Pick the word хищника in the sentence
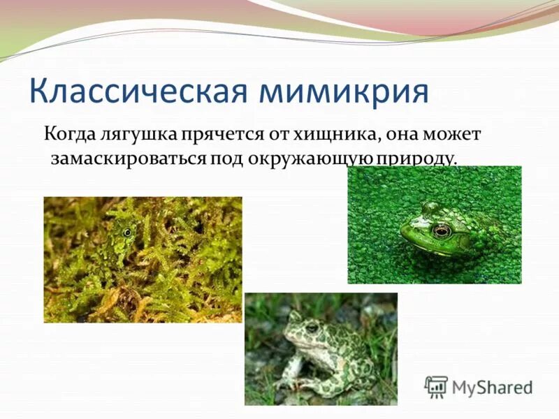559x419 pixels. pos(327,133)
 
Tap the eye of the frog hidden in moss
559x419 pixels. pos(126,231)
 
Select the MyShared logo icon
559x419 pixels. pos(436,386)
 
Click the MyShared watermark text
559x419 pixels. pos(492,386)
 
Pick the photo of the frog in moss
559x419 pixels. pos(143,259)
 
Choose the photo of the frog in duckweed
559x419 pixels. pos(434,224)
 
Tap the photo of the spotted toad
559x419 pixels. pos(320,348)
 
